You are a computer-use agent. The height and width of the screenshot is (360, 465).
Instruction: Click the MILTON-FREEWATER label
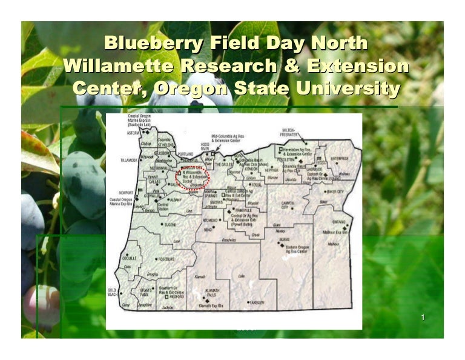(292, 133)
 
